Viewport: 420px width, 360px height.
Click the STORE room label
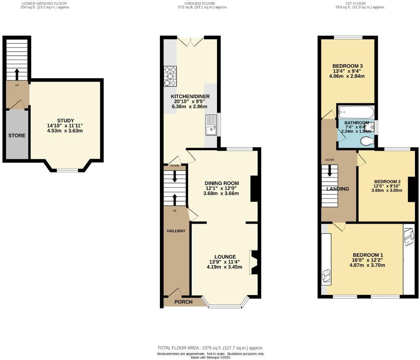coord(17,136)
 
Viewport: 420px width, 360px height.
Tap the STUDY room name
coord(65,120)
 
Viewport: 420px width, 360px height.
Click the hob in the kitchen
coord(170,76)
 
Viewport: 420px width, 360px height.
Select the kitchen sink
coord(211,125)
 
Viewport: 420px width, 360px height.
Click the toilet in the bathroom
coord(367,142)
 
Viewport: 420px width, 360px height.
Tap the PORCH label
coord(183,302)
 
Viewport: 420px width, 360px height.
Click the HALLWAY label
coord(176,231)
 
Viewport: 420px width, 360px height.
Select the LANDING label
coord(337,189)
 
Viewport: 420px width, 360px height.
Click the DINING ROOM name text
coord(222,183)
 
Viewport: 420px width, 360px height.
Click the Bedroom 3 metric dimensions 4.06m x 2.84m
coord(347,76)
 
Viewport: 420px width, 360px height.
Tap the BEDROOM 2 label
coord(387,181)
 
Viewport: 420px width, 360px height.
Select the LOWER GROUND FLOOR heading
coord(45,3)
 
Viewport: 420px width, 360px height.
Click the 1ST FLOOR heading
coord(364,3)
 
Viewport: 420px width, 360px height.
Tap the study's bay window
coord(67,170)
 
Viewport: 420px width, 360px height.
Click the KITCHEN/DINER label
coord(190,96)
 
